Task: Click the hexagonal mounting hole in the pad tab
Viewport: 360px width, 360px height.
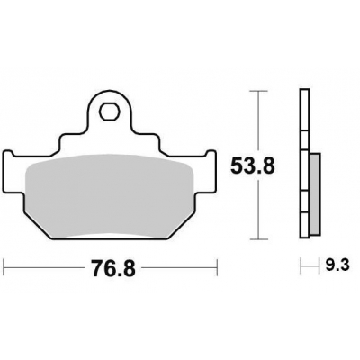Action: click(x=109, y=112)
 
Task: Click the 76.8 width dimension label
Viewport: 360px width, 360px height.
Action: click(x=113, y=268)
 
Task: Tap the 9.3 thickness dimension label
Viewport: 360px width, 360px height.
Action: click(x=337, y=265)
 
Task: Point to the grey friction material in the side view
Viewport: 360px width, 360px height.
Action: click(x=315, y=194)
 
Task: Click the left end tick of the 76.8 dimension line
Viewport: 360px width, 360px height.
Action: click(x=4, y=267)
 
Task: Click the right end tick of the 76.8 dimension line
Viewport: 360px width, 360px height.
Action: click(x=217, y=267)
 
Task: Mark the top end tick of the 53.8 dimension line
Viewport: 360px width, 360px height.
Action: click(x=258, y=91)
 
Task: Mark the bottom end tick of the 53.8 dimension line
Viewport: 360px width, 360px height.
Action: click(x=258, y=239)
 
